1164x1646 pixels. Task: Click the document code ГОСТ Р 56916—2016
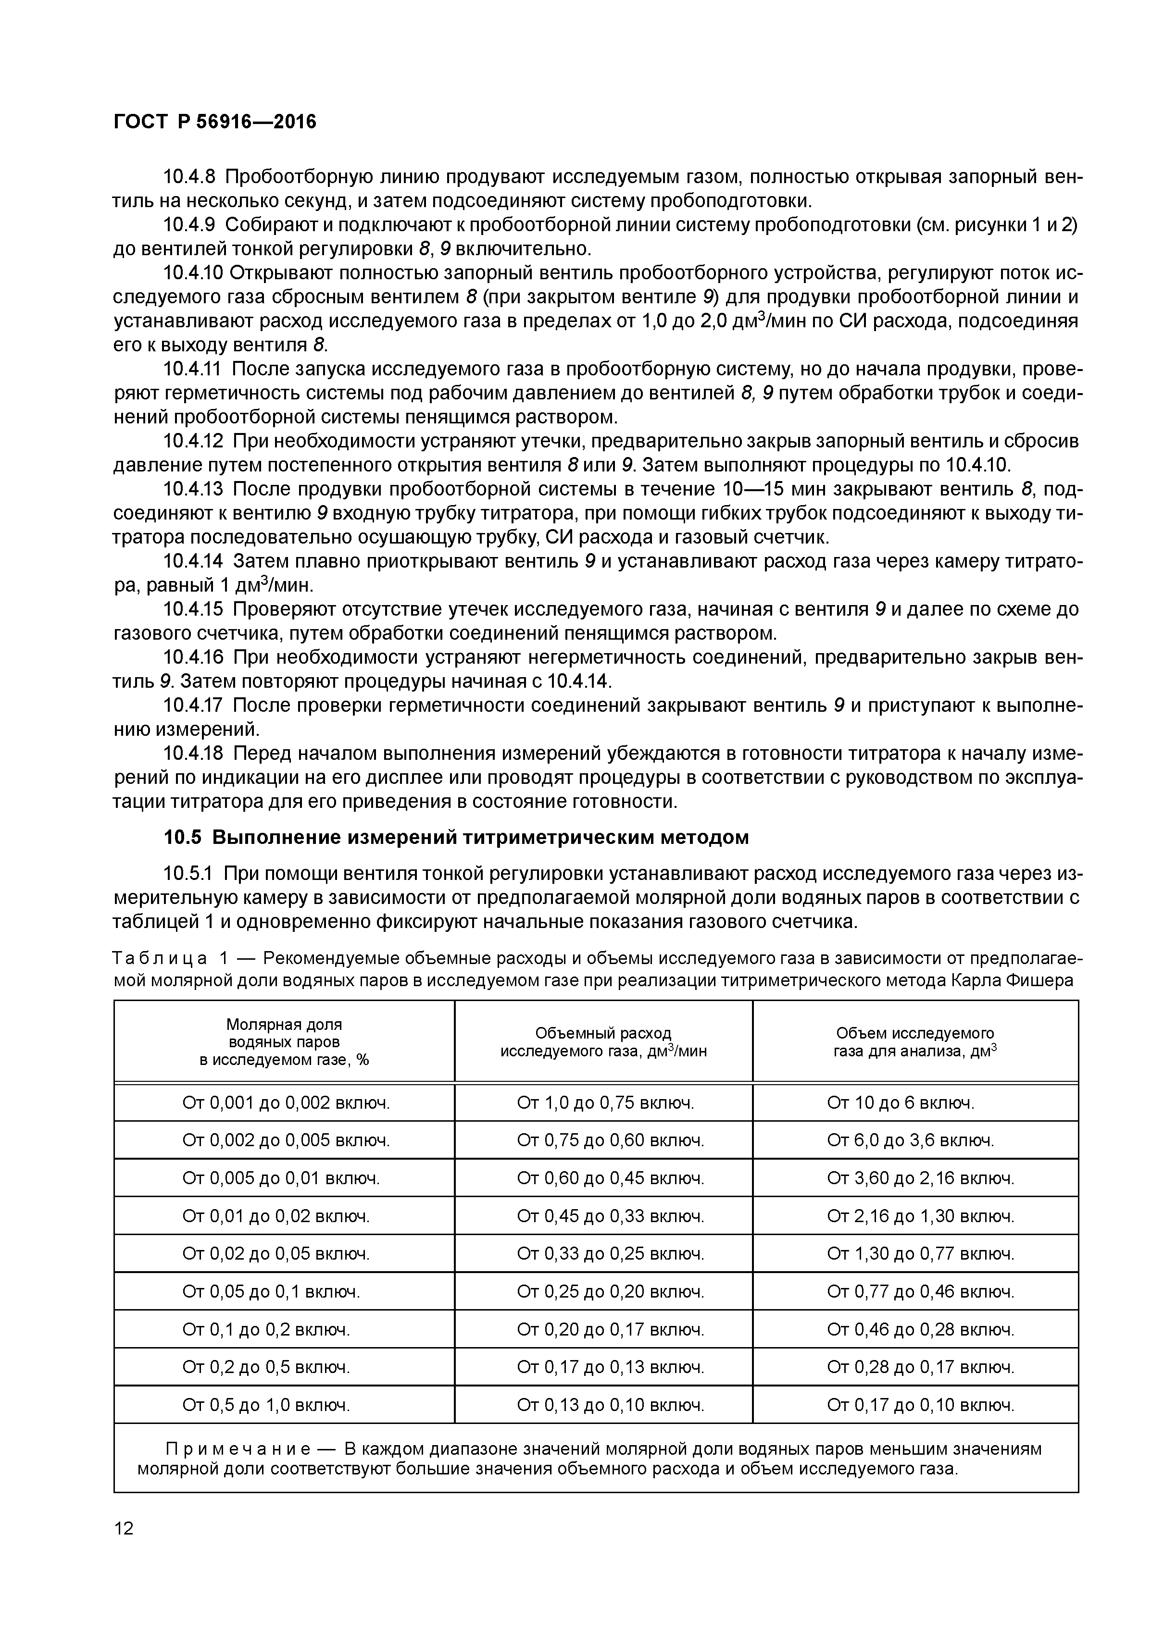click(214, 123)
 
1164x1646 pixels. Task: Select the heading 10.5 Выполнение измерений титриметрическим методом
click(456, 837)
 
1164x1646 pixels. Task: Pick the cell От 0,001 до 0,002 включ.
click(286, 1102)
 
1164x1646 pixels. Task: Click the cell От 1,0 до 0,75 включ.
click(605, 1102)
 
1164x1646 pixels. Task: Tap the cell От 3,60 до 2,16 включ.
click(920, 1178)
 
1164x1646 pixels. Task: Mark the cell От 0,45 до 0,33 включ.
click(610, 1216)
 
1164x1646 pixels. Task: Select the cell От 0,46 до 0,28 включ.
click(920, 1330)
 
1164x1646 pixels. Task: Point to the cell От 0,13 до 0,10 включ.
click(610, 1405)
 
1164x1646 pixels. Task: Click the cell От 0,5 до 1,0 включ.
click(266, 1405)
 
